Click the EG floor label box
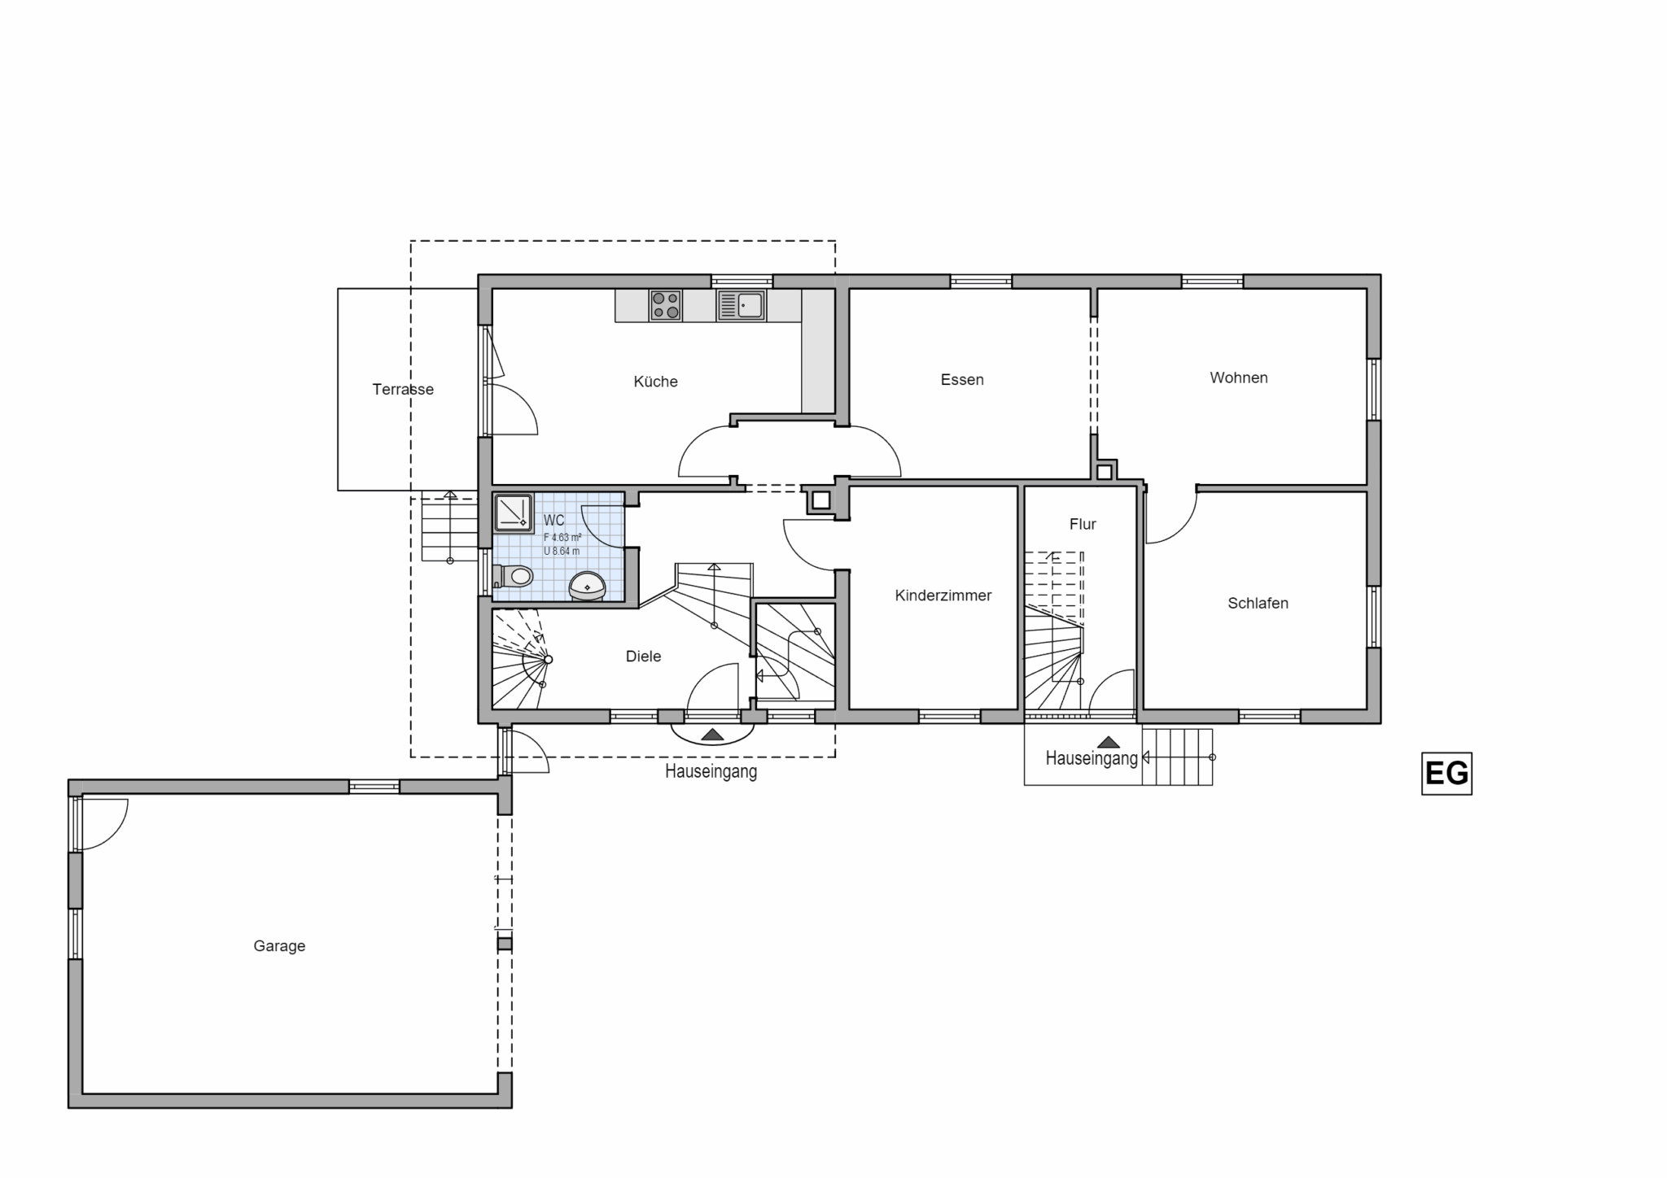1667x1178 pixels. pyautogui.click(x=1446, y=773)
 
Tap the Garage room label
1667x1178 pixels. pyautogui.click(x=279, y=946)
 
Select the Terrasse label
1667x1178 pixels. pyautogui.click(x=403, y=389)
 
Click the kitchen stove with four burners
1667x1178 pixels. pyautogui.click(x=665, y=305)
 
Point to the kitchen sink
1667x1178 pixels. pyautogui.click(x=741, y=305)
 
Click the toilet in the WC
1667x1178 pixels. pyautogui.click(x=512, y=577)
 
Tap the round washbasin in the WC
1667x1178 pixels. pyautogui.click(x=587, y=586)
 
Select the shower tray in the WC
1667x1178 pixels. pyautogui.click(x=513, y=512)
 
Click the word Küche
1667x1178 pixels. pyautogui.click(x=655, y=381)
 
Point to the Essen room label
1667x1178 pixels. pyautogui.click(x=962, y=379)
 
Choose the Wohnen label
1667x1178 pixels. pyautogui.click(x=1239, y=377)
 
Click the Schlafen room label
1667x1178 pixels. pyautogui.click(x=1258, y=603)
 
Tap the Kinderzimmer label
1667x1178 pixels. pyautogui.click(x=943, y=596)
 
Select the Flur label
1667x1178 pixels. pyautogui.click(x=1083, y=524)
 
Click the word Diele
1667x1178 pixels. pyautogui.click(x=643, y=657)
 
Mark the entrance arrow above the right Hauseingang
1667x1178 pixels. pyautogui.click(x=1108, y=742)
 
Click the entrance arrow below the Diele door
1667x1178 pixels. pyautogui.click(x=712, y=735)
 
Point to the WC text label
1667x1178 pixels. pyautogui.click(x=553, y=521)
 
